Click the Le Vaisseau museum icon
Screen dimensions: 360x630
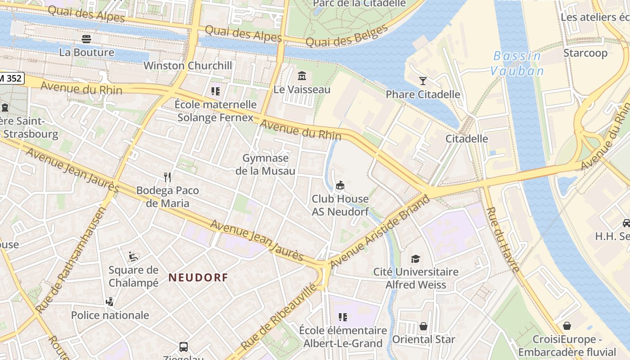[x=302, y=75]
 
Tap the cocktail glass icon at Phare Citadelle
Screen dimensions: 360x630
[x=423, y=81]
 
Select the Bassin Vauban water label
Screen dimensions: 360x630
[x=517, y=63]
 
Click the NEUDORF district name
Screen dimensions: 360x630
[x=198, y=278]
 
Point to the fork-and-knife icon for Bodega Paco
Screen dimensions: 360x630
[x=167, y=177]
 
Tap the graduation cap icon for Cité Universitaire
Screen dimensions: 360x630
[x=415, y=259]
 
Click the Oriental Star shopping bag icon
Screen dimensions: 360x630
[x=423, y=326]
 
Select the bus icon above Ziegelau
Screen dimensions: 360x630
[x=184, y=346]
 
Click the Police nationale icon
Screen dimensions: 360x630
[x=109, y=301]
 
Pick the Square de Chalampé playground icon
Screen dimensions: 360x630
[x=133, y=256]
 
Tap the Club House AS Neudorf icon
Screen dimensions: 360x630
[x=340, y=185]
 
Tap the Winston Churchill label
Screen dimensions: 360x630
[x=188, y=66]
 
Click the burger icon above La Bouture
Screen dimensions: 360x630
[x=86, y=39]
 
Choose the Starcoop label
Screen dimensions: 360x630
[x=585, y=53]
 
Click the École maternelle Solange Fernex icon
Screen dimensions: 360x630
[x=216, y=91]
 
